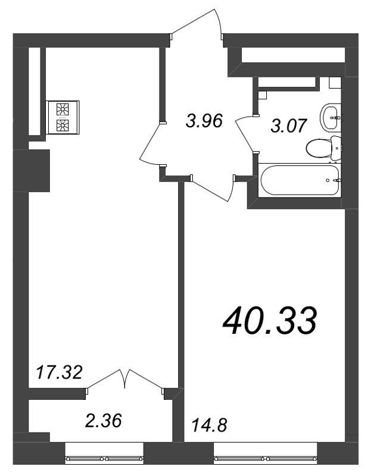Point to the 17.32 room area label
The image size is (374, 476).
point(58,373)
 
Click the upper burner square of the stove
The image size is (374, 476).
point(63,109)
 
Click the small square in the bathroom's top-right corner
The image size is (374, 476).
point(334,83)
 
